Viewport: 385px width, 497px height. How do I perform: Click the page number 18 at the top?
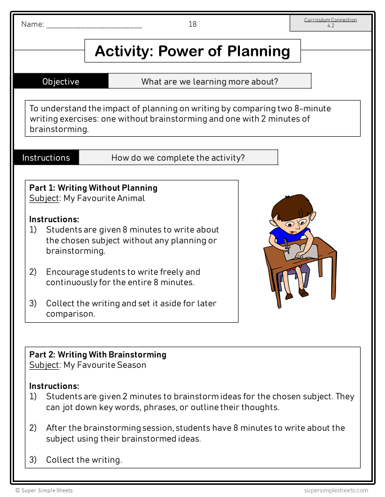click(192, 24)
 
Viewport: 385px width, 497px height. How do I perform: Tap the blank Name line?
click(94, 26)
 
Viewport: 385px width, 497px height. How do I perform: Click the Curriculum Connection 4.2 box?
click(331, 23)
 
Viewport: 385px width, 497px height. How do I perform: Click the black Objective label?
click(61, 81)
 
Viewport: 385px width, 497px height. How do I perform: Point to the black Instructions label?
click(46, 158)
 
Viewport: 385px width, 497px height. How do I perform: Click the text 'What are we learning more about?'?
click(209, 82)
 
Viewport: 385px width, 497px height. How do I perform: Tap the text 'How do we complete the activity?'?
click(178, 158)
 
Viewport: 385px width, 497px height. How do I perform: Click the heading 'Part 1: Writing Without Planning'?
click(93, 188)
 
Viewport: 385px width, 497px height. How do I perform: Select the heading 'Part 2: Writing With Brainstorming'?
click(98, 355)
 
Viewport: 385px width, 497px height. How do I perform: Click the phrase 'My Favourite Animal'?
click(104, 198)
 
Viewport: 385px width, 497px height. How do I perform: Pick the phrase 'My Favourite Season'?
click(105, 365)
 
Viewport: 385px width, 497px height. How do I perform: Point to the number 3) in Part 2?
click(33, 460)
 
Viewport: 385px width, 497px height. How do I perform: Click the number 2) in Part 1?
click(33, 272)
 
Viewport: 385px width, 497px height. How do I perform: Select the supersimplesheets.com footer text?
click(336, 490)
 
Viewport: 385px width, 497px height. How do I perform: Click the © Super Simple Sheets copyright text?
click(44, 490)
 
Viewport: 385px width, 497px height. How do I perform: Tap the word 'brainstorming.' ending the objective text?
click(59, 129)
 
